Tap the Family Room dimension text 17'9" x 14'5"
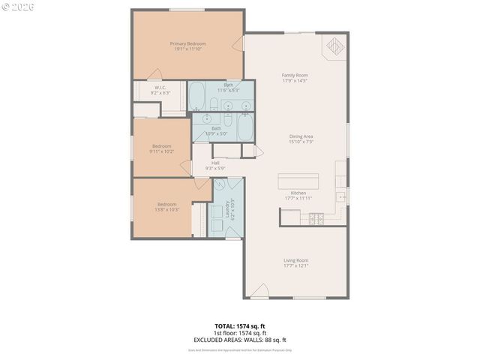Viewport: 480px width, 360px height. (x=295, y=80)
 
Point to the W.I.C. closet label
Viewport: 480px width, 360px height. (x=160, y=88)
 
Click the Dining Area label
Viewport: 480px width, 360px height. (x=301, y=136)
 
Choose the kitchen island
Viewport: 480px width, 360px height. (x=298, y=182)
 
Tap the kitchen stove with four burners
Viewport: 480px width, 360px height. (x=316, y=219)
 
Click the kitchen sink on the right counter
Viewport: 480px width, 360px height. (x=341, y=198)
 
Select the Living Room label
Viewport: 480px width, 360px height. (x=295, y=260)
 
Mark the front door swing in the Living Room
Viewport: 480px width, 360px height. (x=259, y=291)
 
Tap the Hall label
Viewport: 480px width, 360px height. (x=215, y=163)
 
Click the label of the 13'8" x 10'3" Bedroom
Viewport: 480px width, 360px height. (x=166, y=205)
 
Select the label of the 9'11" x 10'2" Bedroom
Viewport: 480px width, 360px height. (x=162, y=146)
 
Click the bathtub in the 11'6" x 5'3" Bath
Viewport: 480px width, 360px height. (x=198, y=95)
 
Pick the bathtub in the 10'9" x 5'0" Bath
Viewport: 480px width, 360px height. (x=244, y=128)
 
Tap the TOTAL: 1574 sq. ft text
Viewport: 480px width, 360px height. (x=240, y=326)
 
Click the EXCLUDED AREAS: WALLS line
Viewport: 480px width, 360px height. (x=240, y=339)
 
